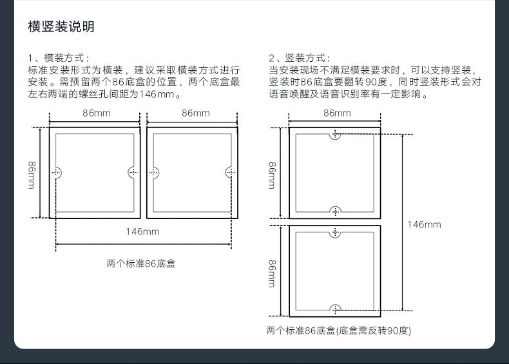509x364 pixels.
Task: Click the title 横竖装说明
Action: point(61,27)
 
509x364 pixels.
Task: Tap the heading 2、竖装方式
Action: point(300,58)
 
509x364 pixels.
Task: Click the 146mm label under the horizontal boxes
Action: point(142,231)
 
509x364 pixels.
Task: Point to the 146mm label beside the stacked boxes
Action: point(424,224)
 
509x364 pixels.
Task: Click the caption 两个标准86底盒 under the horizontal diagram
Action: point(141,263)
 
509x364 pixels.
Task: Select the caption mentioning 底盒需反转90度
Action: point(338,330)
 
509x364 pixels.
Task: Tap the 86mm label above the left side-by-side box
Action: point(96,113)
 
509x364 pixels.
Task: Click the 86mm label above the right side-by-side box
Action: point(195,113)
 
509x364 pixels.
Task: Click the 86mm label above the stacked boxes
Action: point(337,113)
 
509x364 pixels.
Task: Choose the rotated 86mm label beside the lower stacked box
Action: point(273,273)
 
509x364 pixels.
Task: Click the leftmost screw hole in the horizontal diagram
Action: point(56,172)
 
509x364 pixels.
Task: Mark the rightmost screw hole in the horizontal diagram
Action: point(231,172)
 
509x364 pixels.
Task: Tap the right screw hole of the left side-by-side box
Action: point(133,172)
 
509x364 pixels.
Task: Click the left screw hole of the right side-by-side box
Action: point(153,172)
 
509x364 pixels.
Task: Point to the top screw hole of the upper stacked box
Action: point(335,134)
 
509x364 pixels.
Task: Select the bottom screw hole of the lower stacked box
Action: point(335,309)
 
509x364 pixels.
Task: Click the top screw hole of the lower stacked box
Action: point(335,232)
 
